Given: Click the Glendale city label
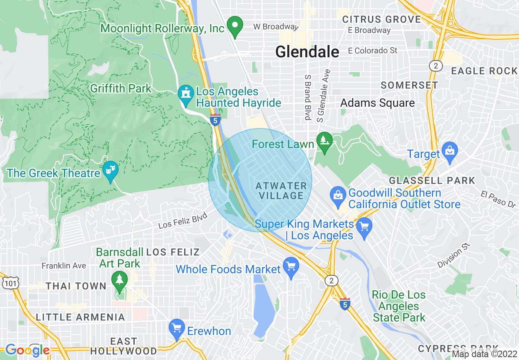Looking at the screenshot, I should pyautogui.click(x=307, y=52).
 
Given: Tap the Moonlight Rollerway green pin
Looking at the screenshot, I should pyautogui.click(x=235, y=26).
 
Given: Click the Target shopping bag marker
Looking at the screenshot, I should pyautogui.click(x=449, y=152).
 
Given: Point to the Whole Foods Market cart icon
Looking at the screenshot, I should pyautogui.click(x=291, y=267).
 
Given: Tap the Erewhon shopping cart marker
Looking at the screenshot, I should pyautogui.click(x=177, y=329).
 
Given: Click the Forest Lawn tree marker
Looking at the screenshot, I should pyautogui.click(x=325, y=142).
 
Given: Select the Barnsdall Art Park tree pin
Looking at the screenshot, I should pyautogui.click(x=120, y=281).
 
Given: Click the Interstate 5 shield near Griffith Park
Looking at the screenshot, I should pyautogui.click(x=215, y=120).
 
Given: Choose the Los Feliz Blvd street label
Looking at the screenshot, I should pyautogui.click(x=180, y=222).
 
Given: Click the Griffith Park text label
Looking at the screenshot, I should pyautogui.click(x=121, y=88).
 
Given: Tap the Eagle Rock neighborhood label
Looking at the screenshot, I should pyautogui.click(x=484, y=71).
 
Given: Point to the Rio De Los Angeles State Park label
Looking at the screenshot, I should pyautogui.click(x=399, y=306).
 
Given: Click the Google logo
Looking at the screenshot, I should pyautogui.click(x=27, y=350).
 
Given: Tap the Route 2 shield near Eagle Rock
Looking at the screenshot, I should pyautogui.click(x=436, y=65).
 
